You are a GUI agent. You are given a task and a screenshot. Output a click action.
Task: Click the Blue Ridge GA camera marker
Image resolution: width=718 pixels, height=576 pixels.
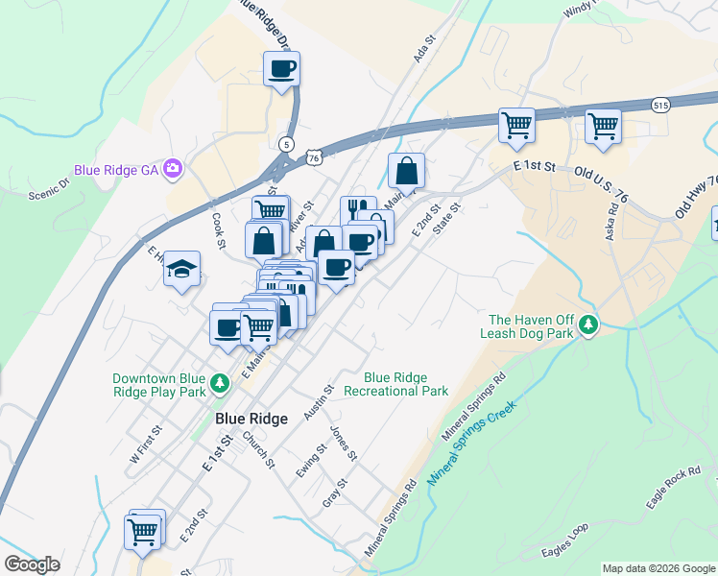pos(173,169)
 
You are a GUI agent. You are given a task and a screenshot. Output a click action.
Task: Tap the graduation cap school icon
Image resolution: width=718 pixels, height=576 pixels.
pos(180,271)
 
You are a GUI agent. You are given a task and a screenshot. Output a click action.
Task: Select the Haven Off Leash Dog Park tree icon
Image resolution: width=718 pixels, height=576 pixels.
pos(589,327)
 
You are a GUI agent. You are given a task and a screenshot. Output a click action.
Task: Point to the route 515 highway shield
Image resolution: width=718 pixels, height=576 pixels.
pos(659,105)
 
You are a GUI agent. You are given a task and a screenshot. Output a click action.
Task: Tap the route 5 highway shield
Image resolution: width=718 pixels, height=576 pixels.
pos(286,144)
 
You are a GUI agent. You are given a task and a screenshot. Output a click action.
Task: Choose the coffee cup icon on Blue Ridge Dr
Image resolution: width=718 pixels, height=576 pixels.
pos(282,69)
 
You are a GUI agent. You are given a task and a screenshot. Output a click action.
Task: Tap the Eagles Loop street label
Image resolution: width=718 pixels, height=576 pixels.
pos(565,544)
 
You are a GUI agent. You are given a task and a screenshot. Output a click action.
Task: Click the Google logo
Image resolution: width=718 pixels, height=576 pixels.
pos(33,564)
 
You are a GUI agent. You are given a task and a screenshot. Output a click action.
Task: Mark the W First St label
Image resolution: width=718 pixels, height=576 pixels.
pos(146,445)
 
